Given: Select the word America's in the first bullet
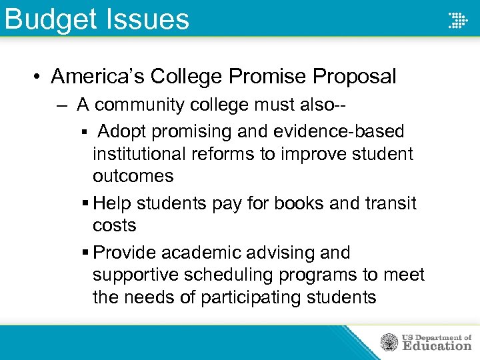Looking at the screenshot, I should pyautogui.click(x=97, y=77).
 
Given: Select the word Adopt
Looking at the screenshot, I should pyautogui.click(x=124, y=131).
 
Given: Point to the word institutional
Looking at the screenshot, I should pyautogui.click(x=139, y=154).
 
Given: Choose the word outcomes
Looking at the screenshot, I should pyautogui.click(x=133, y=177).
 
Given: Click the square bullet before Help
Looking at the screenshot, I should pyautogui.click(x=85, y=203).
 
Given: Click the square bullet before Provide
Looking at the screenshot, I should pyautogui.click(x=85, y=253).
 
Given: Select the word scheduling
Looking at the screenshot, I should pyautogui.click(x=236, y=275).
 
